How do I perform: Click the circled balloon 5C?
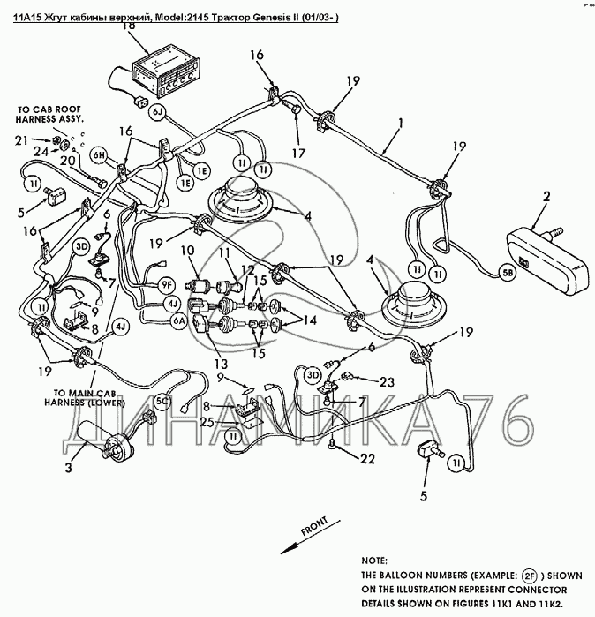(x=162, y=400)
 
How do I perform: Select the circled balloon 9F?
(x=168, y=284)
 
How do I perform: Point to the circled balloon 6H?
(x=98, y=155)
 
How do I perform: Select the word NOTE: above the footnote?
(x=377, y=560)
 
